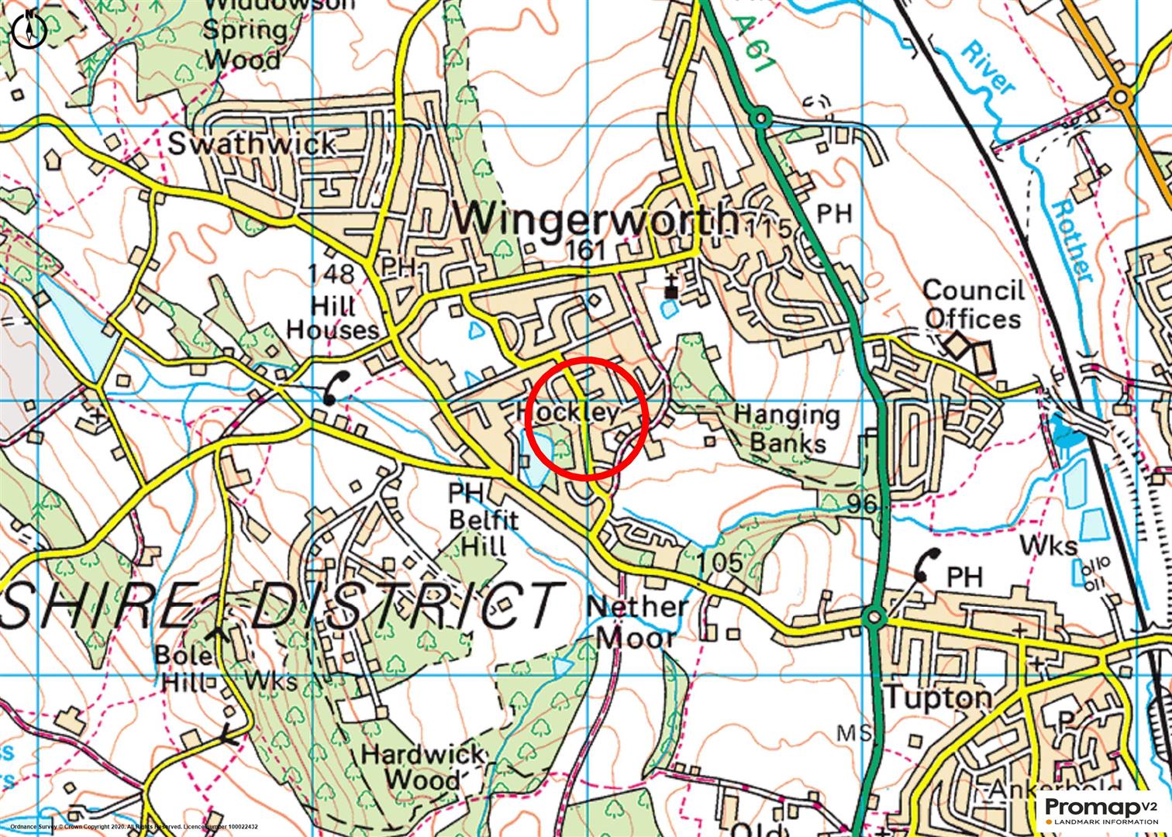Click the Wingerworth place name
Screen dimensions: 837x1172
pos(594,219)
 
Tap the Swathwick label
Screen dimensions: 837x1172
pos(253,143)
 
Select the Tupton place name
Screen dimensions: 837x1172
pos(937,697)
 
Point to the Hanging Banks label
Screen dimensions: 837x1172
pos(787,429)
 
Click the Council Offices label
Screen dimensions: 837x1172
pos(974,305)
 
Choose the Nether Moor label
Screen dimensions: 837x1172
pos(637,622)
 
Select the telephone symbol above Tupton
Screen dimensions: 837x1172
pos(926,564)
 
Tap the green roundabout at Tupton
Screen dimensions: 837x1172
pos(874,618)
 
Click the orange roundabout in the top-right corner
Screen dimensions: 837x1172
pos(1119,97)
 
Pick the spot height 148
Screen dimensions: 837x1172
pos(331,273)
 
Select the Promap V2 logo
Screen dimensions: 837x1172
pos(1101,810)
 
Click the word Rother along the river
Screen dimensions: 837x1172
pos(1073,240)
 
